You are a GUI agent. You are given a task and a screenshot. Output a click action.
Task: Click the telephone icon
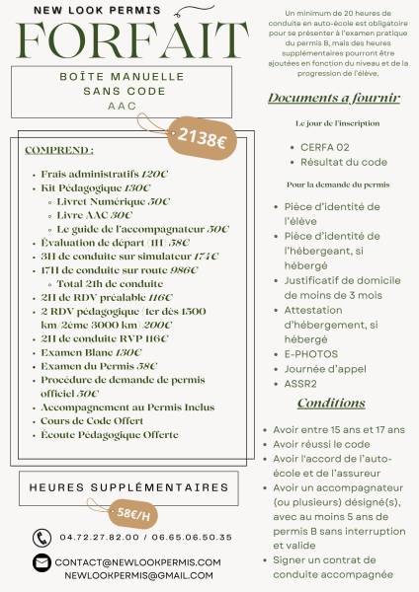(x=42, y=538)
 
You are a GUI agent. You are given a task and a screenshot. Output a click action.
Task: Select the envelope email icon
(x=42, y=562)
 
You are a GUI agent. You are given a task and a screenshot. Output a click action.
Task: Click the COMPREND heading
(x=59, y=150)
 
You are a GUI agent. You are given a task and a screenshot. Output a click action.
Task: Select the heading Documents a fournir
(x=333, y=99)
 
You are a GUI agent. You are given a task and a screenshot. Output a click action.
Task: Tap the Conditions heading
(x=331, y=404)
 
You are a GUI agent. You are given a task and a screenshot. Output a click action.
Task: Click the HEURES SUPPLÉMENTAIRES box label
(x=128, y=487)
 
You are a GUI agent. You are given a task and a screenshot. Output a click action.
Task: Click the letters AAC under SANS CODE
(x=123, y=105)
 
